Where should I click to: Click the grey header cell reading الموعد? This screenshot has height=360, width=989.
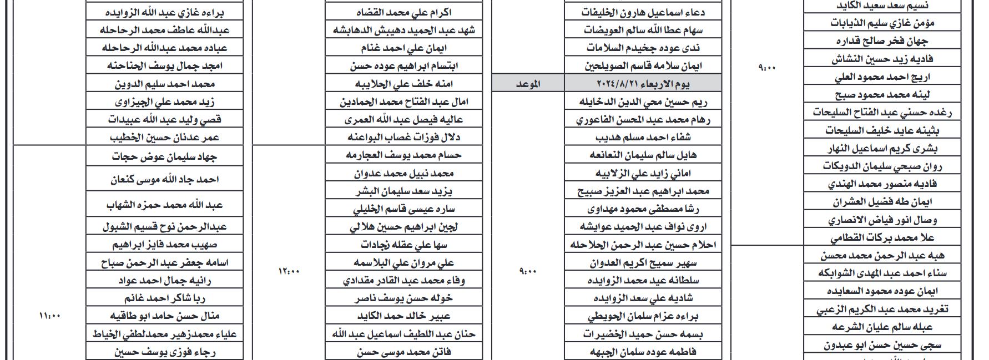point(528,84)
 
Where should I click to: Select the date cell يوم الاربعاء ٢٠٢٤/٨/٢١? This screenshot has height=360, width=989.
point(643,84)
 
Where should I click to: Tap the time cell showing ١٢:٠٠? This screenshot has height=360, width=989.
point(289,271)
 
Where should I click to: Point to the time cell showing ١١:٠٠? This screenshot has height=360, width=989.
point(49,316)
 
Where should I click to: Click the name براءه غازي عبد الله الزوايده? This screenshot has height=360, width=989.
point(165,12)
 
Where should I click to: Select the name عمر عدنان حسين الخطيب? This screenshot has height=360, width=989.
point(165,137)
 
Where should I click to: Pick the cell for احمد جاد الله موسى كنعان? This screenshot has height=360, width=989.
point(165,179)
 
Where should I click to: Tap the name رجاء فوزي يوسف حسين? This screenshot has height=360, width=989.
point(165,352)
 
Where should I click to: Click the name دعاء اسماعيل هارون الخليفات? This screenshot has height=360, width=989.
point(643,12)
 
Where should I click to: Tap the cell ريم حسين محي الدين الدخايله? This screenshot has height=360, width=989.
point(643,102)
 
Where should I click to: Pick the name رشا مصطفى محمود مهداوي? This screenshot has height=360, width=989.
point(643,209)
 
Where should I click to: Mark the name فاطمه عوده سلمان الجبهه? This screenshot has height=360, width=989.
point(643,352)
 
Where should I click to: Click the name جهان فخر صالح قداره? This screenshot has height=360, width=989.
point(882,41)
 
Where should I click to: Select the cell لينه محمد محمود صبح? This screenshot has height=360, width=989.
point(882,95)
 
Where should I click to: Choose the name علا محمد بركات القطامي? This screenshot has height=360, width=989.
point(882,238)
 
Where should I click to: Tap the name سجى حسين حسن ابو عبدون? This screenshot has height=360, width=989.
point(882,345)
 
